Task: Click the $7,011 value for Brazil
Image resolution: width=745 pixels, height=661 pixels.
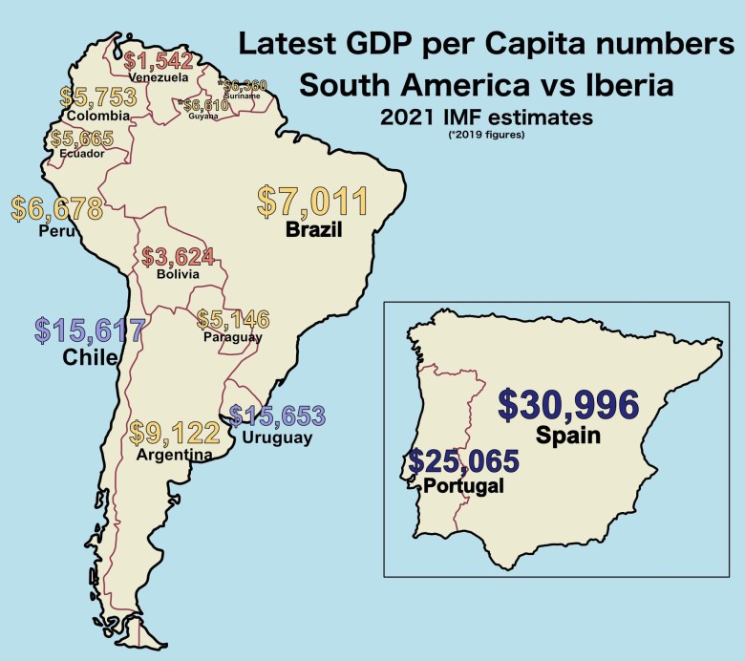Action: click(x=312, y=203)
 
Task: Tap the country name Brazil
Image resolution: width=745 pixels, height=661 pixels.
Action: click(x=312, y=229)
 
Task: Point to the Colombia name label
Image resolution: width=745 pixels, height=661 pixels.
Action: click(x=97, y=117)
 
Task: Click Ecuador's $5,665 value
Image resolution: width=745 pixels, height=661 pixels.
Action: click(x=82, y=139)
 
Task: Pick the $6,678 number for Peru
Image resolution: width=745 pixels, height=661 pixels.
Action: click(x=56, y=207)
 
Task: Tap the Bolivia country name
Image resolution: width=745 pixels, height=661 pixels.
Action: click(x=178, y=274)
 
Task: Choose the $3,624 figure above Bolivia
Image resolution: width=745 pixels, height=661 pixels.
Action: click(x=178, y=257)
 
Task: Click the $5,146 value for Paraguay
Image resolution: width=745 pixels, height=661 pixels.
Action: click(x=232, y=319)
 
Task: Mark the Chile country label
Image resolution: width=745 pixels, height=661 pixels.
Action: click(x=90, y=357)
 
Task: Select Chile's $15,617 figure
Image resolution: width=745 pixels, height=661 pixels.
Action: click(x=90, y=330)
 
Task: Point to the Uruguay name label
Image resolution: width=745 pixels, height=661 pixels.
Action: click(x=278, y=437)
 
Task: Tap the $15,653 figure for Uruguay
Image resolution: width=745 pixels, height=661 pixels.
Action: click(x=276, y=416)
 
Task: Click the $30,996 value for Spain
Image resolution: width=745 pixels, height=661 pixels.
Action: click(x=568, y=405)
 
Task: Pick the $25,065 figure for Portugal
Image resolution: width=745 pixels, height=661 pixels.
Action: click(x=463, y=461)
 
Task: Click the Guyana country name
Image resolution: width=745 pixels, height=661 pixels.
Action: click(x=202, y=117)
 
